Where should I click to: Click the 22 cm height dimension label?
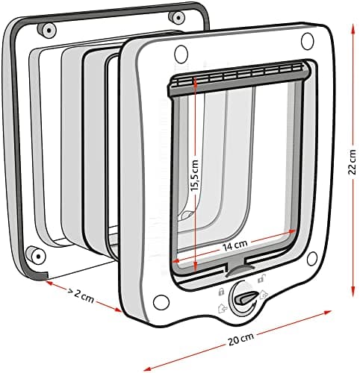tap(353, 162)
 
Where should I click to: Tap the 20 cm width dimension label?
tap(240, 339)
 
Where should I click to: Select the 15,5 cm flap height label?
tap(195, 175)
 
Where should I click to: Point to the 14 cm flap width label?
tap(235, 246)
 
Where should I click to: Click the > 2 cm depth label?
tap(81, 295)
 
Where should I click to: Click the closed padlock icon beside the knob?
tap(221, 292)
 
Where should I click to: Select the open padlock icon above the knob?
tap(261, 278)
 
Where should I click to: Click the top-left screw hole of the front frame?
tap(181, 54)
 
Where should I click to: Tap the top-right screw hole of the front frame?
tap(307, 41)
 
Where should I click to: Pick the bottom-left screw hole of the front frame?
tap(161, 302)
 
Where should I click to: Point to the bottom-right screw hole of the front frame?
tap(312, 259)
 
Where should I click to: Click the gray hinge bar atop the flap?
tap(239, 78)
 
